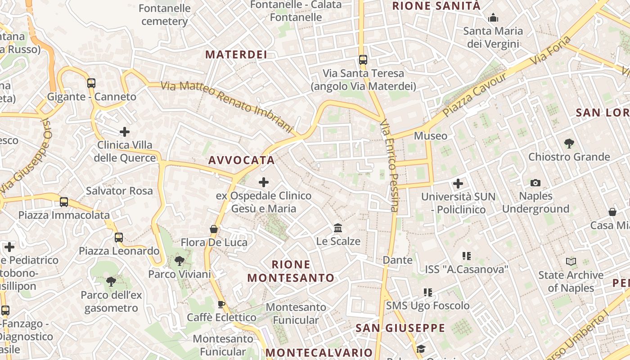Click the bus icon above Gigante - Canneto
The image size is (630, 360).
click(91, 83)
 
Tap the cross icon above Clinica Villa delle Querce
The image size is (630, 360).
click(125, 132)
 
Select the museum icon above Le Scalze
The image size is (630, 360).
click(338, 228)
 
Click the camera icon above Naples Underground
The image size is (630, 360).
click(535, 183)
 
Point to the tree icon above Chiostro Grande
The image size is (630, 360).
click(569, 144)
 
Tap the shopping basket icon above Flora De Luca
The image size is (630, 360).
click(214, 229)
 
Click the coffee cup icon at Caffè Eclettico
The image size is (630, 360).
click(221, 304)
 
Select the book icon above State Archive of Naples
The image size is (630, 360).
click(571, 261)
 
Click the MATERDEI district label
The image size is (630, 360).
click(236, 55)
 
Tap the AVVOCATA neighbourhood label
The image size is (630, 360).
click(242, 160)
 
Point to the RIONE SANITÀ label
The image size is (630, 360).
click(436, 6)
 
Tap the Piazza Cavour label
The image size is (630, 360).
click(475, 94)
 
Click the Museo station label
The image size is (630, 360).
click(431, 136)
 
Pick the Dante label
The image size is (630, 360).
click(397, 260)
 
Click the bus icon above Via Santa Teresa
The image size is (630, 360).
click(363, 59)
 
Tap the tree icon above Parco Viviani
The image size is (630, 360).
click(180, 261)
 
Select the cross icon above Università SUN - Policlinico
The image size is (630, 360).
click(458, 184)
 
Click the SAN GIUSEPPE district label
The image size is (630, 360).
click(400, 328)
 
